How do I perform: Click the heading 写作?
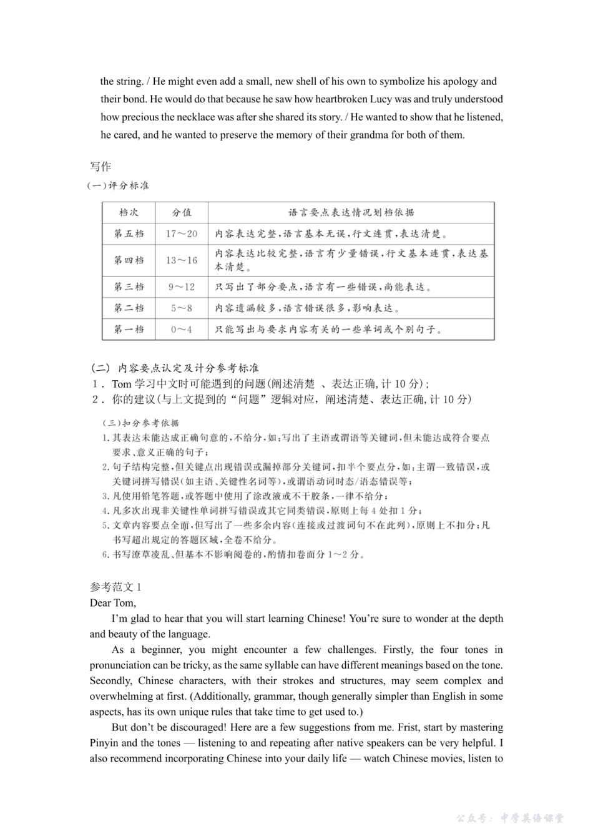(100, 166)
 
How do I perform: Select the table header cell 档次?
(129, 212)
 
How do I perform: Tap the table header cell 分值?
(182, 212)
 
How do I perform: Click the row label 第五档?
(129, 233)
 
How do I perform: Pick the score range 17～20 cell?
(182, 233)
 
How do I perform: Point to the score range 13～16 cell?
(182, 260)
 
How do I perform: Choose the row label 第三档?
(129, 287)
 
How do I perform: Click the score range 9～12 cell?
(182, 287)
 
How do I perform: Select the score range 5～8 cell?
(182, 308)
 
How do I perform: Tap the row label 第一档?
(129, 329)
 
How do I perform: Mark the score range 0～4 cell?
(182, 329)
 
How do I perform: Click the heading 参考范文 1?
(115, 587)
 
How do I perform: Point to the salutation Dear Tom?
(112, 602)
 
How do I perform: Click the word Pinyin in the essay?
(104, 743)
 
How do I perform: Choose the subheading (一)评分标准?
(118, 185)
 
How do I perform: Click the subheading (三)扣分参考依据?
(140, 423)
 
